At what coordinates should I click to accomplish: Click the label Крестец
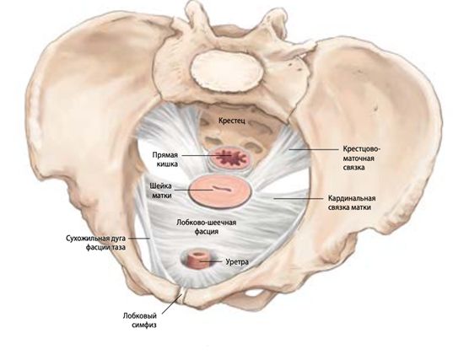(232, 121)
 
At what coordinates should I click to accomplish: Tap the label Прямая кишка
(165, 159)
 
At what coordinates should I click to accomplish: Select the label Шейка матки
(161, 191)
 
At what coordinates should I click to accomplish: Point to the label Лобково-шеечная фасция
(207, 227)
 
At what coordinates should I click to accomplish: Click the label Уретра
(237, 262)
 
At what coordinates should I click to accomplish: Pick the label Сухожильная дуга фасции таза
(95, 243)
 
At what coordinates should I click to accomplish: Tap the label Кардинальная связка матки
(351, 202)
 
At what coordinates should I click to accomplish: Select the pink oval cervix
(219, 191)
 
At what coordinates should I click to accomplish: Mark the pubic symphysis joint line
(182, 295)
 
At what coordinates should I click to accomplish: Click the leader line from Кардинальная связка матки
(298, 198)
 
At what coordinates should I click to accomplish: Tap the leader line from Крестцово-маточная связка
(314, 149)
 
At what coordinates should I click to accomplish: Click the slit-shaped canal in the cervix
(222, 189)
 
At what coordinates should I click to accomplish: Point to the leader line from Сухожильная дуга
(138, 239)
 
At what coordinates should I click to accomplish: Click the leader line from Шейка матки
(194, 190)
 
